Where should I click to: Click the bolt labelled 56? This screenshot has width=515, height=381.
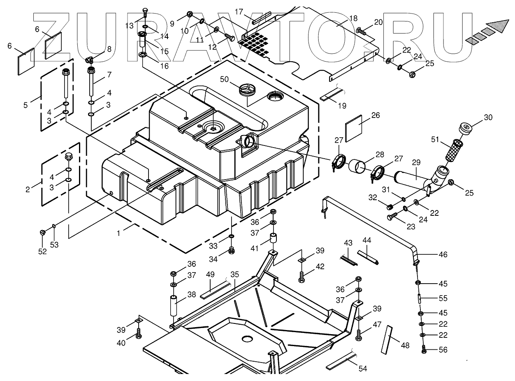click(x=424, y=351)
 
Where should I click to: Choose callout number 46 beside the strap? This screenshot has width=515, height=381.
click(x=443, y=254)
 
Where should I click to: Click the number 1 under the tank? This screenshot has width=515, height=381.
click(x=119, y=233)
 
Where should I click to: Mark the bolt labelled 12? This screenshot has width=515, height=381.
click(x=230, y=38)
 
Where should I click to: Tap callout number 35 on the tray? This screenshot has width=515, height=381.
click(x=234, y=275)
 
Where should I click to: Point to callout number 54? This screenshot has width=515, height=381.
click(x=362, y=369)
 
